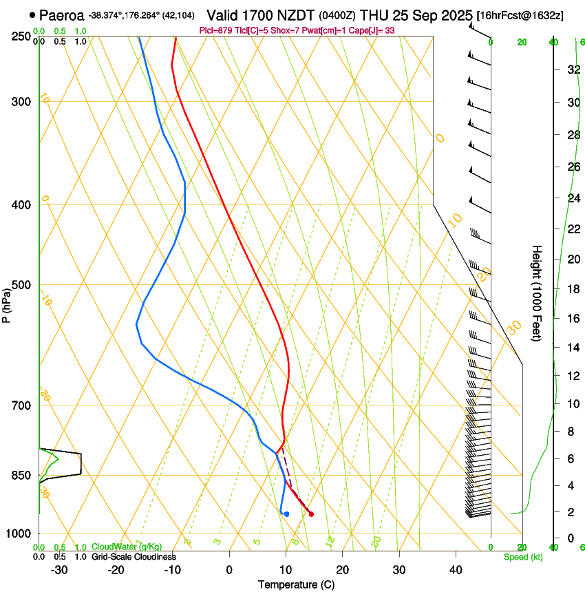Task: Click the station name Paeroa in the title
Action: coord(63,14)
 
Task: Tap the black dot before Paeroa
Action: coord(32,14)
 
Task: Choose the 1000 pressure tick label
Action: coord(19,533)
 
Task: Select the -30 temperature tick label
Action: coord(59,569)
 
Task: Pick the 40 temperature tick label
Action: coord(455,569)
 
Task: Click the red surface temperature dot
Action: coord(311,514)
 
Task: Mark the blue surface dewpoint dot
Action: coord(286,514)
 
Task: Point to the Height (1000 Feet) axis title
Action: coord(537,293)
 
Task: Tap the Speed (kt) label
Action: coord(522,557)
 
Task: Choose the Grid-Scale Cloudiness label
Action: coord(134,556)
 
